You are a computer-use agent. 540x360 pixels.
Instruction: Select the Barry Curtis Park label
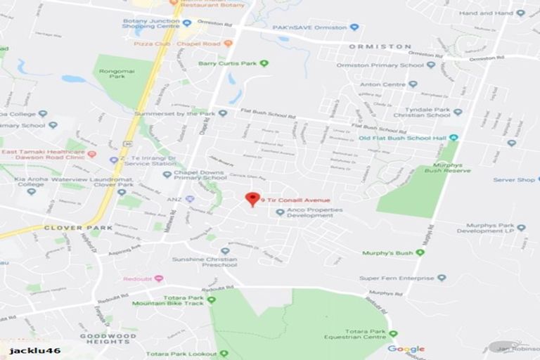pos(228,63)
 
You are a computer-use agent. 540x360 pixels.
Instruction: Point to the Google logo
pos(406,349)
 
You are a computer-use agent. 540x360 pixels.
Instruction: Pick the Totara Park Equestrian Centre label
pos(366,335)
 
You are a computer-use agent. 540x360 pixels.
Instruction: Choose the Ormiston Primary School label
pos(380,65)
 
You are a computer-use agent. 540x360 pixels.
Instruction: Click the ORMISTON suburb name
pos(380,46)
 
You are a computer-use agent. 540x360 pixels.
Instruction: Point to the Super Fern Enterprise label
pos(397,278)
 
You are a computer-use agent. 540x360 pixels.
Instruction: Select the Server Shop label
pos(514,180)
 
